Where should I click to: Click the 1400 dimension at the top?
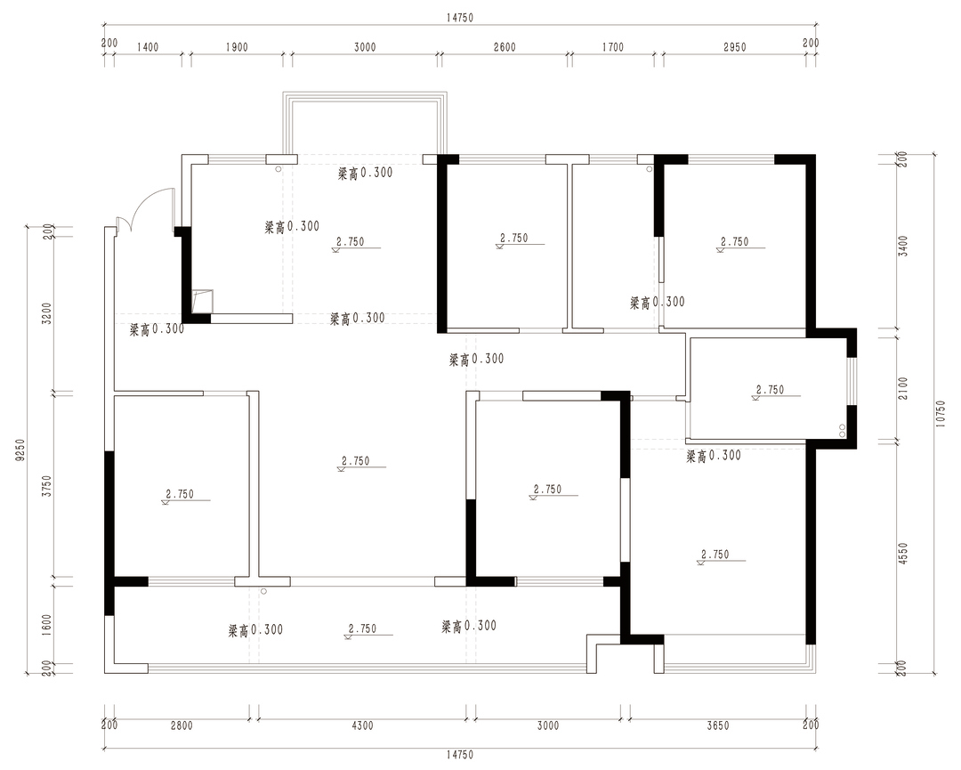tap(147, 47)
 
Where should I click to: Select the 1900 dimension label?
tap(237, 47)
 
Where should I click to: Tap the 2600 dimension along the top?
tap(505, 47)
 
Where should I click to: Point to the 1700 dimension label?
tap(612, 47)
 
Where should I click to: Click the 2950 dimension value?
tap(734, 47)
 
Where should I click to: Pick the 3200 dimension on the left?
tap(47, 312)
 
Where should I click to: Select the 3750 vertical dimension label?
tap(47, 485)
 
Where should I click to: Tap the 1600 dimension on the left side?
tap(47, 626)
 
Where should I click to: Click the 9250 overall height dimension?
tap(20, 450)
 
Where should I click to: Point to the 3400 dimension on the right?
tap(903, 245)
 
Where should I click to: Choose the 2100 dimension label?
tap(903, 387)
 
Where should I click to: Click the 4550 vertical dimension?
tap(903, 554)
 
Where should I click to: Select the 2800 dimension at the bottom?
tap(182, 725)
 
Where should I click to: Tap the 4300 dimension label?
tap(361, 725)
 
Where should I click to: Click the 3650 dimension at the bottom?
tap(718, 725)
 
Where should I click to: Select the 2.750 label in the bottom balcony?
tap(362, 629)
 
